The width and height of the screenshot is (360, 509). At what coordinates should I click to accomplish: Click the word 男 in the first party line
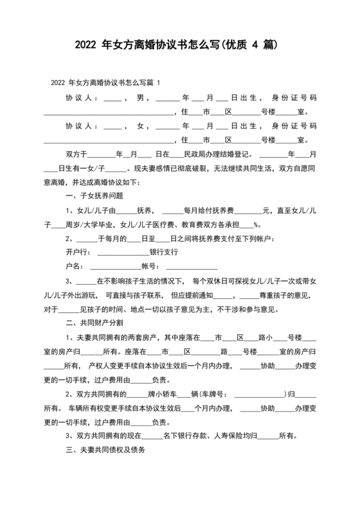tap(140, 98)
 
